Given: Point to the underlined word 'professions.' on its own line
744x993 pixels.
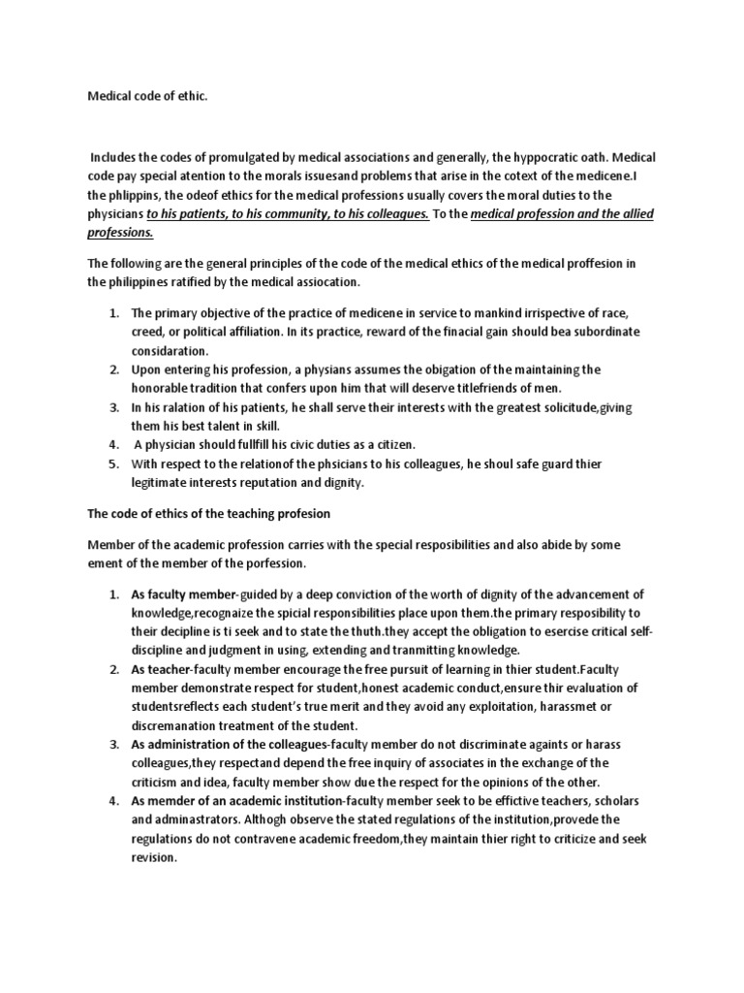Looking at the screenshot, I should pyautogui.click(x=121, y=234).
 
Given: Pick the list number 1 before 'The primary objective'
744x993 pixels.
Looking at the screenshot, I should pyautogui.click(x=112, y=313).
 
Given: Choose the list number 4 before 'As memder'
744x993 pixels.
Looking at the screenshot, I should pyautogui.click(x=112, y=799).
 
